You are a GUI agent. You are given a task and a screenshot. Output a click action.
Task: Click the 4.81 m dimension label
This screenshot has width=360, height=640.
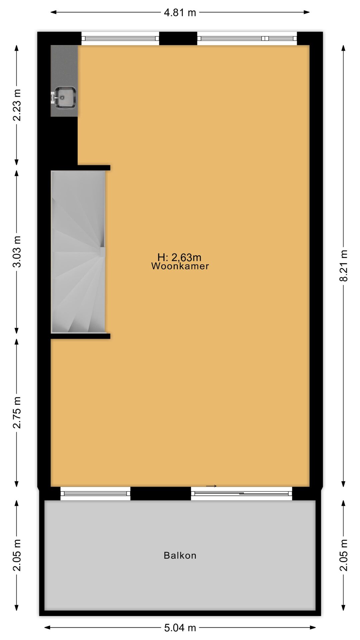click(x=180, y=13)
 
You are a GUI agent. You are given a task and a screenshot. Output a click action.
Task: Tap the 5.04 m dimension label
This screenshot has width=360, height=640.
click(x=180, y=628)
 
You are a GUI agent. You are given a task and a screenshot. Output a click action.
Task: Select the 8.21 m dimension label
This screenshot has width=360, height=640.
click(x=344, y=266)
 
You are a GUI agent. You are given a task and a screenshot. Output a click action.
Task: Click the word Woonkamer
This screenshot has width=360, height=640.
click(x=180, y=266)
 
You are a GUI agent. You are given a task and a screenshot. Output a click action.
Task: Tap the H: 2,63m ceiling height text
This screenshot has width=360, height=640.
click(x=179, y=257)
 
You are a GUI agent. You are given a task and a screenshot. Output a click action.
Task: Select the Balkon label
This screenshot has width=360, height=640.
click(x=180, y=555)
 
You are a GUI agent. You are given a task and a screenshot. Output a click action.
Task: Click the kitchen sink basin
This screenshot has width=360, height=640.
click(x=65, y=97)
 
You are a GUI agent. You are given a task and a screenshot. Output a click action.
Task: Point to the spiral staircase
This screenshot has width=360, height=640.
click(x=78, y=252)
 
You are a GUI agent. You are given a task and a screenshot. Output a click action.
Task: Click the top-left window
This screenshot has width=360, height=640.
click(x=120, y=38)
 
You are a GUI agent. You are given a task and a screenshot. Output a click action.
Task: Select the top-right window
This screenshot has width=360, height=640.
click(x=247, y=38)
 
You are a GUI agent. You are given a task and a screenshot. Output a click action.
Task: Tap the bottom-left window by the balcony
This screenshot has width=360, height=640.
click(x=95, y=493)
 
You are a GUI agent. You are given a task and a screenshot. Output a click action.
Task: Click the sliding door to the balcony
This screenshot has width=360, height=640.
click(x=242, y=493)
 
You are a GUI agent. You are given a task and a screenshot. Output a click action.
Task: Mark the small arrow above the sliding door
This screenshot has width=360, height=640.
click(x=211, y=486)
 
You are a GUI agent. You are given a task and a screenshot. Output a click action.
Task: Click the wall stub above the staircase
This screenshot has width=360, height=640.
click(x=94, y=168)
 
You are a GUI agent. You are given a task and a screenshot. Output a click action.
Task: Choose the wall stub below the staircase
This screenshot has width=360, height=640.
click(x=81, y=336)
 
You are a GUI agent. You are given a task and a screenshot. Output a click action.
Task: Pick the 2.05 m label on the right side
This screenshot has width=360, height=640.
click(x=344, y=555)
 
